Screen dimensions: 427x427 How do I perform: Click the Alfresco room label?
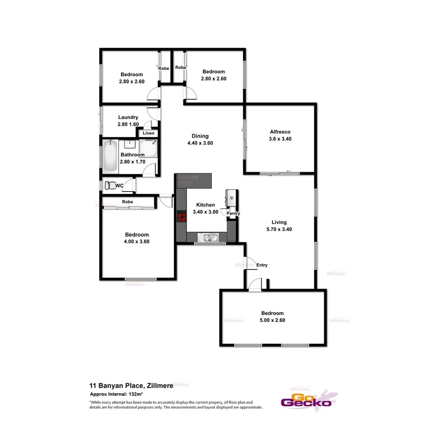point(280,132)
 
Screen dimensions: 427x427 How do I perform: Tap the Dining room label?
point(200,136)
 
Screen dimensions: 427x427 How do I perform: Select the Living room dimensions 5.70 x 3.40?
point(279,230)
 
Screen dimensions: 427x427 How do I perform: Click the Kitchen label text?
point(205,205)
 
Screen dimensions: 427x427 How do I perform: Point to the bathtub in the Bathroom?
point(110,157)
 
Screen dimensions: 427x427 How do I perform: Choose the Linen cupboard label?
point(148,133)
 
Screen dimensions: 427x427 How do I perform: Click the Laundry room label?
point(128,118)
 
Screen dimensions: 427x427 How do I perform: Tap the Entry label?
point(262,265)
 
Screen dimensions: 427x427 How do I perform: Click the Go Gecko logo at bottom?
point(306,400)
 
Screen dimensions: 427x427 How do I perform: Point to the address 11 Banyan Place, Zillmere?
point(131,386)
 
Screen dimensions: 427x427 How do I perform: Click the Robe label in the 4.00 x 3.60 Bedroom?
point(127,202)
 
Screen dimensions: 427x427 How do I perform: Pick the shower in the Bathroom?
point(148,148)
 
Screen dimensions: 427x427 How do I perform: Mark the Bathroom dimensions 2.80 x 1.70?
point(132,161)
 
